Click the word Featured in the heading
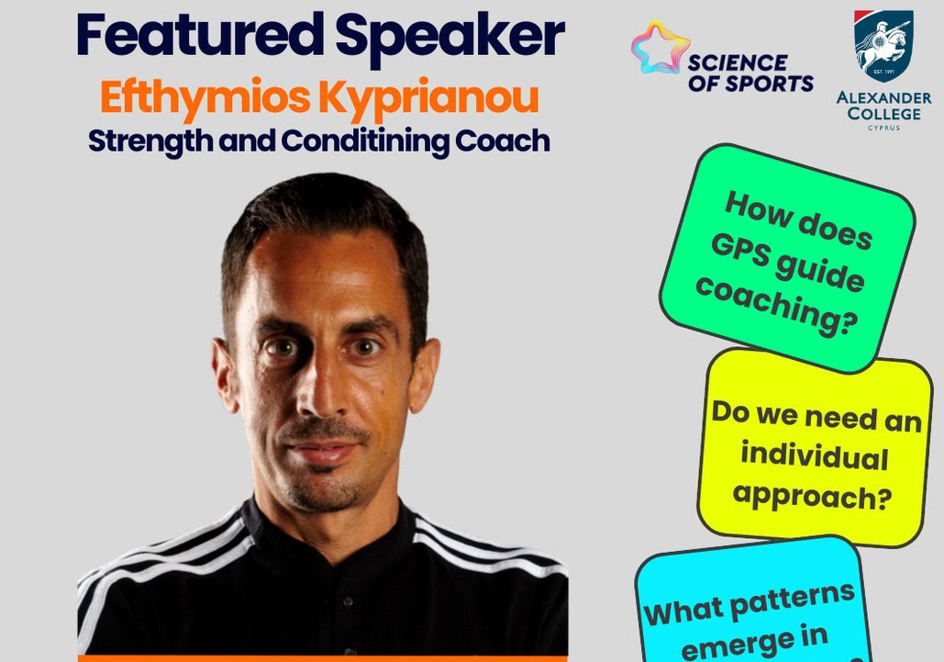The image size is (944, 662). tap(200, 35)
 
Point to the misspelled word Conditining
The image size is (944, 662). tap(365, 141)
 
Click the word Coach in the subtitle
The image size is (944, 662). tap(502, 140)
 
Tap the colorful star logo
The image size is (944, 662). tap(660, 47)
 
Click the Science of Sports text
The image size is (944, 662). tap(750, 73)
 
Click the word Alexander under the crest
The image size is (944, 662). tap(883, 97)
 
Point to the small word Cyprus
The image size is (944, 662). tap(883, 128)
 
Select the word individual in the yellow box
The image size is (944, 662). tap(814, 455)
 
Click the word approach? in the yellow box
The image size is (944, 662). tap(812, 496)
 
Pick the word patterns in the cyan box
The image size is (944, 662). tap(793, 601)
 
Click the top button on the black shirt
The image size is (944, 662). tap(348, 601)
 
